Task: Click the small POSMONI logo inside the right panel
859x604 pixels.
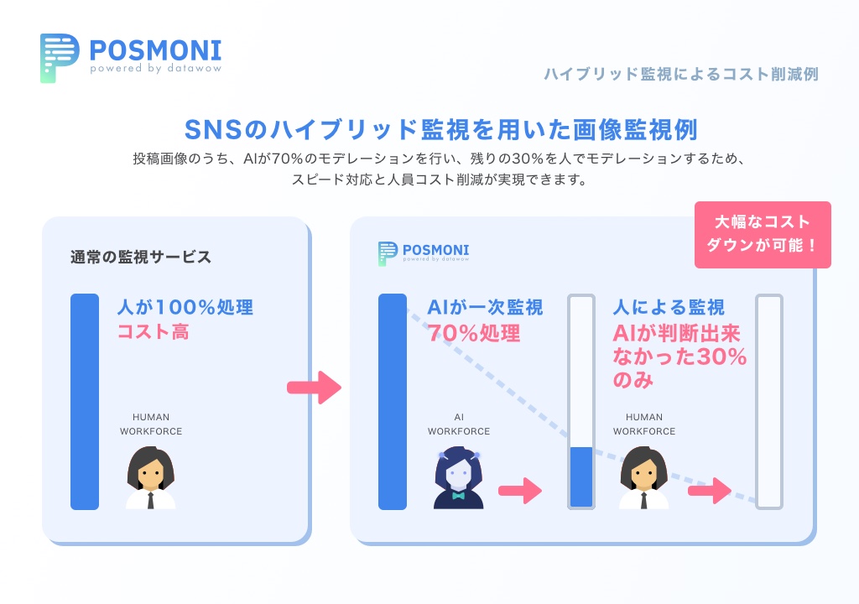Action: [x=387, y=253]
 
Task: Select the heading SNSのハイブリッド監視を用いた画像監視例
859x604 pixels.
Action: [x=440, y=130]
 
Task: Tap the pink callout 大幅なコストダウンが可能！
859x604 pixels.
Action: [x=763, y=235]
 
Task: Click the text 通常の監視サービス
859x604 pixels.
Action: [x=141, y=258]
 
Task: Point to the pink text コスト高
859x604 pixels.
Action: [x=153, y=332]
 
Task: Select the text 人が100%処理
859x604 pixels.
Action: [x=185, y=307]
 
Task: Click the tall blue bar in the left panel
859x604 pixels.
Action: [x=85, y=401]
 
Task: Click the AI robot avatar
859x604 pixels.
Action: [x=459, y=479]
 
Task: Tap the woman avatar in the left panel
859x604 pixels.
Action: [x=151, y=479]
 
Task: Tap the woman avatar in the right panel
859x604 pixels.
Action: [x=644, y=479]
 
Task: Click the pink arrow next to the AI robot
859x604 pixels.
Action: [x=520, y=491]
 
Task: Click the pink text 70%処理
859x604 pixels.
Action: [x=474, y=333]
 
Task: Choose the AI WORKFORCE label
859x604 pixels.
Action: [x=459, y=424]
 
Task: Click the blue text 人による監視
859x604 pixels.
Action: [x=669, y=307]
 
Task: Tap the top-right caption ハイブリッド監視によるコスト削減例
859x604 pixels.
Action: [x=680, y=74]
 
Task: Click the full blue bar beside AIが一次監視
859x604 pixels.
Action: [x=393, y=401]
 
